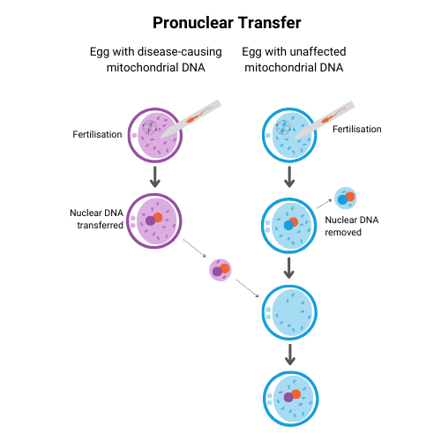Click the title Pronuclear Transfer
pyautogui.click(x=227, y=23)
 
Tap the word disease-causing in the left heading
pyautogui.click(x=179, y=52)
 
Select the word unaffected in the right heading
pyautogui.click(x=316, y=52)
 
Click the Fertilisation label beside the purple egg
pyautogui.click(x=97, y=134)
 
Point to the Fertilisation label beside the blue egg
pyautogui.click(x=357, y=129)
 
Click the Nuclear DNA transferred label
pyautogui.click(x=96, y=219)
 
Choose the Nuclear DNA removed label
pyautogui.click(x=352, y=226)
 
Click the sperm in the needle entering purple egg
pyautogui.click(x=198, y=114)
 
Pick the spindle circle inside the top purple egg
pyautogui.click(x=150, y=127)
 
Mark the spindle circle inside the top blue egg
pyautogui.click(x=283, y=127)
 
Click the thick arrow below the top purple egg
pyautogui.click(x=155, y=176)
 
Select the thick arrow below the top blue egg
pyautogui.click(x=289, y=176)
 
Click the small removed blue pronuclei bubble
pyautogui.click(x=346, y=198)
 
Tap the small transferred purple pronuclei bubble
pyautogui.click(x=220, y=270)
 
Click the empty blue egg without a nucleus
pyautogui.click(x=289, y=312)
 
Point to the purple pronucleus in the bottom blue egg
pyautogui.click(x=288, y=397)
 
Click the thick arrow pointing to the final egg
pyautogui.click(x=290, y=355)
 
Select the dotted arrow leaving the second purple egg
pyautogui.click(x=194, y=248)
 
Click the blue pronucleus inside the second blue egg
pyautogui.click(x=288, y=225)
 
